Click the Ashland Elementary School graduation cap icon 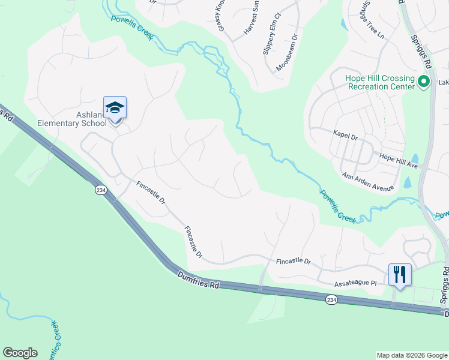[x=115, y=109]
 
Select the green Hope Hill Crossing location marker [x=424, y=82]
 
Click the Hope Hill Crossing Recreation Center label [x=379, y=83]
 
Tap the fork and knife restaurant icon [x=400, y=275]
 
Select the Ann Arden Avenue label [x=367, y=182]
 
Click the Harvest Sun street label [x=250, y=20]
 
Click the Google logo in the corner [x=20, y=353]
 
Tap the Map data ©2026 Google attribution [x=411, y=355]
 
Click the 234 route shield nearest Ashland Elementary [x=100, y=190]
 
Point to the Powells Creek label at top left [x=132, y=28]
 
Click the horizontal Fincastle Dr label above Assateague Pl [x=293, y=262]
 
